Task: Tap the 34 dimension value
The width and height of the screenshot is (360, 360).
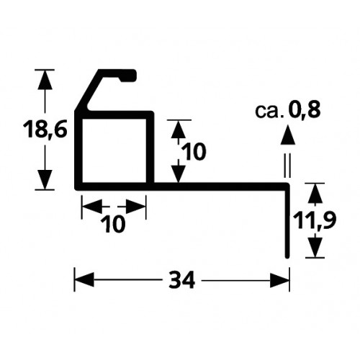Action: [x=181, y=280]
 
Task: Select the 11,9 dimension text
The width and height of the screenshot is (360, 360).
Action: [x=315, y=218]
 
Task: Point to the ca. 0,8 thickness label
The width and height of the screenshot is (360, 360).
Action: [x=287, y=110]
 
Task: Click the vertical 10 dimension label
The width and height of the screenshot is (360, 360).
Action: [x=194, y=152]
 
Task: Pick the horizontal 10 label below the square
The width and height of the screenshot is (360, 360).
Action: [x=113, y=225]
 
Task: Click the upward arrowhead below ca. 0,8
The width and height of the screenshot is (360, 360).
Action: [x=287, y=135]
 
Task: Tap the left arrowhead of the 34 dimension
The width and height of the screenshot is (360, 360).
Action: [x=84, y=280]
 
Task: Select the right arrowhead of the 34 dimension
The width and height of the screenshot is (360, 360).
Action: [x=279, y=280]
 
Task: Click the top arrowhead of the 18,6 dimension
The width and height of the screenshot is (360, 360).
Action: [x=45, y=80]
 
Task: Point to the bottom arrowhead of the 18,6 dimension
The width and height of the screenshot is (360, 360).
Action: [x=45, y=179]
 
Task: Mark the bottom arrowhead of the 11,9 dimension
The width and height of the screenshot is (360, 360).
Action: [x=315, y=247]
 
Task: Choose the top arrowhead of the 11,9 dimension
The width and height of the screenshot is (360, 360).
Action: [x=315, y=194]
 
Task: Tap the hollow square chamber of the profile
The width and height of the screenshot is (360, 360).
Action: [x=114, y=150]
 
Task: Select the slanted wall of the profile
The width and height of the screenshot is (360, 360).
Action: [x=89, y=91]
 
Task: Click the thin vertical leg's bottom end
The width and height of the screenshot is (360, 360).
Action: [x=287, y=257]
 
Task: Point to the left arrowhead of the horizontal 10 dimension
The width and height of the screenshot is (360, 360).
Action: [x=91, y=206]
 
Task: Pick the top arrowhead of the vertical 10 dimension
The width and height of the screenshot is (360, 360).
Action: [x=178, y=130]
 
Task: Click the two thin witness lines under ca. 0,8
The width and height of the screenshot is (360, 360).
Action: [x=287, y=166]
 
